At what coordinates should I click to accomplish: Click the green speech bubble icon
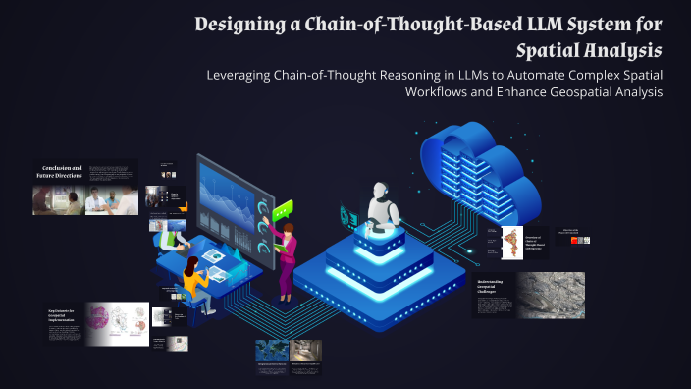pos(284,209)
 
